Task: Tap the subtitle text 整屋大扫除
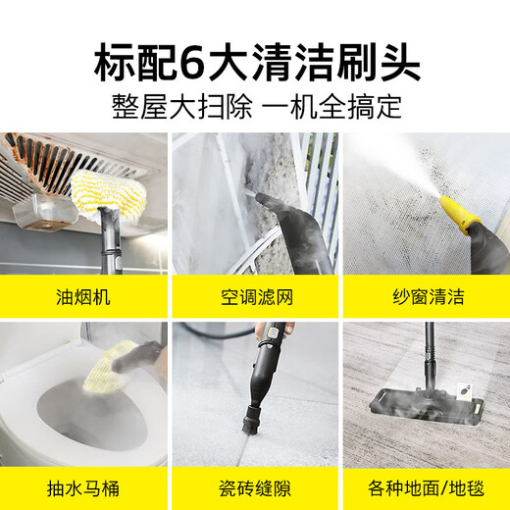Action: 168,106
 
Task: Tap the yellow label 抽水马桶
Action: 84,487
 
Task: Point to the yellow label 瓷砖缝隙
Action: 255,487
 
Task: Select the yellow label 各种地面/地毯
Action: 424,487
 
